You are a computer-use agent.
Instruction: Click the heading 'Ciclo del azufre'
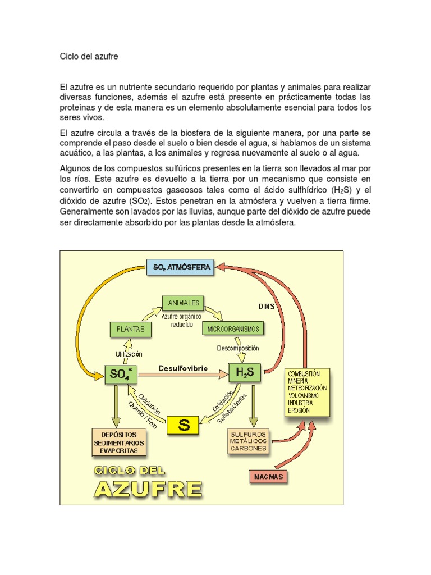(x=89, y=57)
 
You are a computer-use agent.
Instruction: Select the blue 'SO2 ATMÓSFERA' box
(x=182, y=268)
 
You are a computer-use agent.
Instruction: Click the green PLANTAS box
(x=130, y=328)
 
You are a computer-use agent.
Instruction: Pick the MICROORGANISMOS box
(x=234, y=328)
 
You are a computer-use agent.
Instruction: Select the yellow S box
(x=183, y=425)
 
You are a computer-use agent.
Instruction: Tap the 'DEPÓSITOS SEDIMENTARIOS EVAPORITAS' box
(x=119, y=442)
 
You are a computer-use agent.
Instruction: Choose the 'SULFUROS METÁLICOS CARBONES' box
(x=248, y=441)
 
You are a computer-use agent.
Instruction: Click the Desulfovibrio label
(x=183, y=368)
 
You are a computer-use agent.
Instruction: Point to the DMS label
(x=266, y=307)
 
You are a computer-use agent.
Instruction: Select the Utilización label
(x=129, y=354)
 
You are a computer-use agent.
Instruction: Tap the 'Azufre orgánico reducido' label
(x=181, y=321)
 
